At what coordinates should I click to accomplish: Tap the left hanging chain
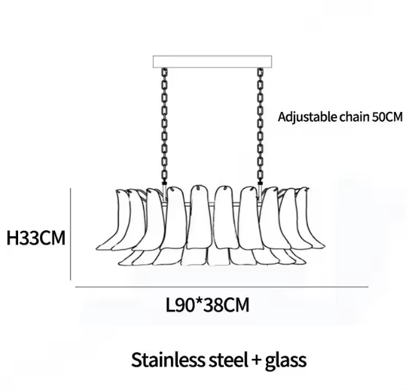164,126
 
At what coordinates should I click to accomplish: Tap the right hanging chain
260,126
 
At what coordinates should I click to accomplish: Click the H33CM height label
36,238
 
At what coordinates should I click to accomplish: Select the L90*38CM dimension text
208,305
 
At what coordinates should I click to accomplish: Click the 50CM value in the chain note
387,117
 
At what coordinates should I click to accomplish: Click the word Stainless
168,360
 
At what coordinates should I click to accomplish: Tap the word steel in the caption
228,360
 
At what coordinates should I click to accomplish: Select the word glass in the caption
286,361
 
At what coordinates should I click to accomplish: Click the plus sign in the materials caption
256,360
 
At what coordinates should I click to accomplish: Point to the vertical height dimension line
71,234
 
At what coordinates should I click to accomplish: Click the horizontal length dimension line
221,287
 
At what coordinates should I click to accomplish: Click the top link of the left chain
164,72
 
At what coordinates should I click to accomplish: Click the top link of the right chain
260,72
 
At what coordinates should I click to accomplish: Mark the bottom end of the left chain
164,184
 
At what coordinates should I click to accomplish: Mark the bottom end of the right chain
260,184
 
